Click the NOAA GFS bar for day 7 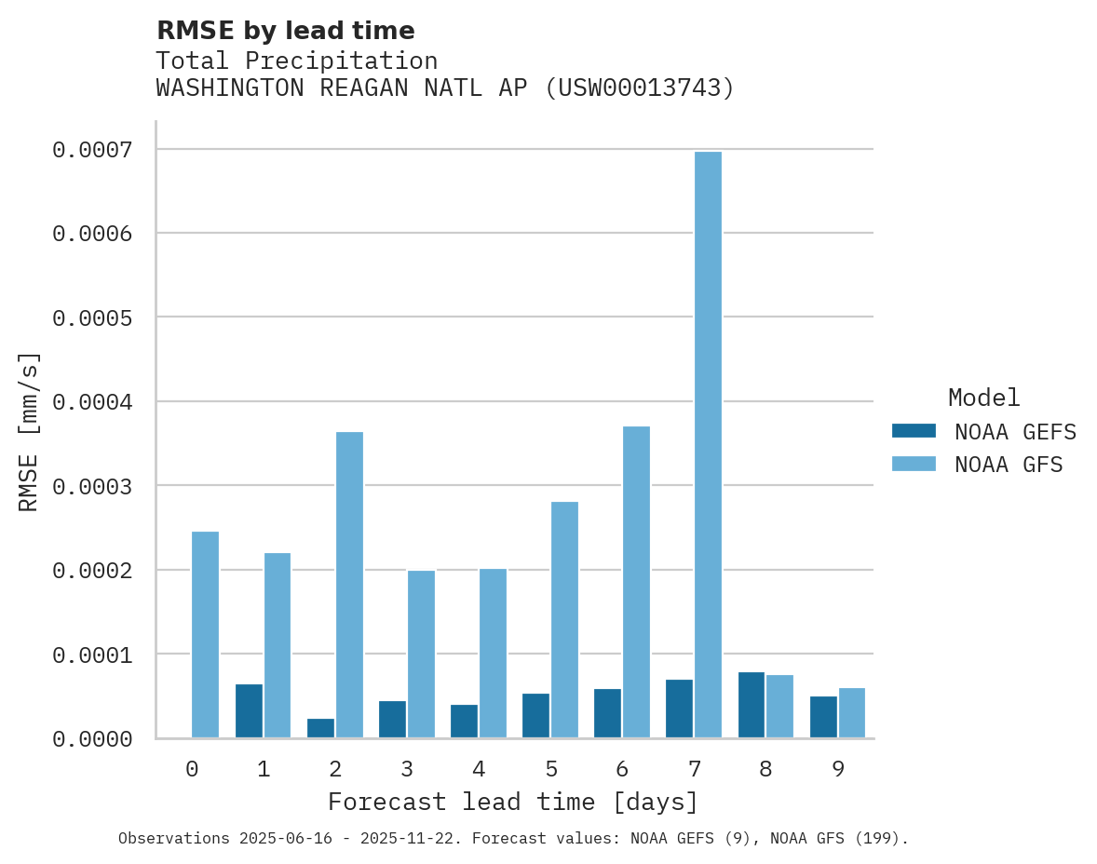[708, 445]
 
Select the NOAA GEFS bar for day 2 [320, 728]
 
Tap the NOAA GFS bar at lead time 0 [205, 635]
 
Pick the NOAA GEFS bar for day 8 [752, 705]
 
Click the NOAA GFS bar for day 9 [852, 713]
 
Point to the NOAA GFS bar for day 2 [349, 585]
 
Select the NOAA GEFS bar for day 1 [249, 711]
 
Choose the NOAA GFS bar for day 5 [564, 620]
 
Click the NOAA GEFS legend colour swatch [914, 431]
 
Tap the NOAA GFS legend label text [1009, 465]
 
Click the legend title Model [983, 398]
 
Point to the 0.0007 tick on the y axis [92, 149]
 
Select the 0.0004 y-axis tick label [92, 402]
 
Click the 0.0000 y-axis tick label [92, 739]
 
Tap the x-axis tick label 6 [622, 769]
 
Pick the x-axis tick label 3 [407, 769]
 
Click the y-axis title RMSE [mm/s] [29, 431]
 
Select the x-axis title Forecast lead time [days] [513, 802]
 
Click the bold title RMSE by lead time [285, 31]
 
